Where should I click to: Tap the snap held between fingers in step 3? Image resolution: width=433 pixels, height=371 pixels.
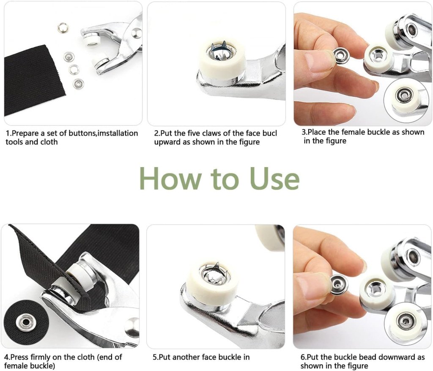pos(341,55)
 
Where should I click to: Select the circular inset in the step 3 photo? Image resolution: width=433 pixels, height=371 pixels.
pos(403,98)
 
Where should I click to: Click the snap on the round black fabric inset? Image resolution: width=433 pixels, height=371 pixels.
pos(25,322)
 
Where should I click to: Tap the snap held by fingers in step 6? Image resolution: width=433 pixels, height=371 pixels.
pos(339,284)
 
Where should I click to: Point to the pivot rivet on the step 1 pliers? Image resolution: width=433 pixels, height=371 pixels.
pos(136,32)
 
